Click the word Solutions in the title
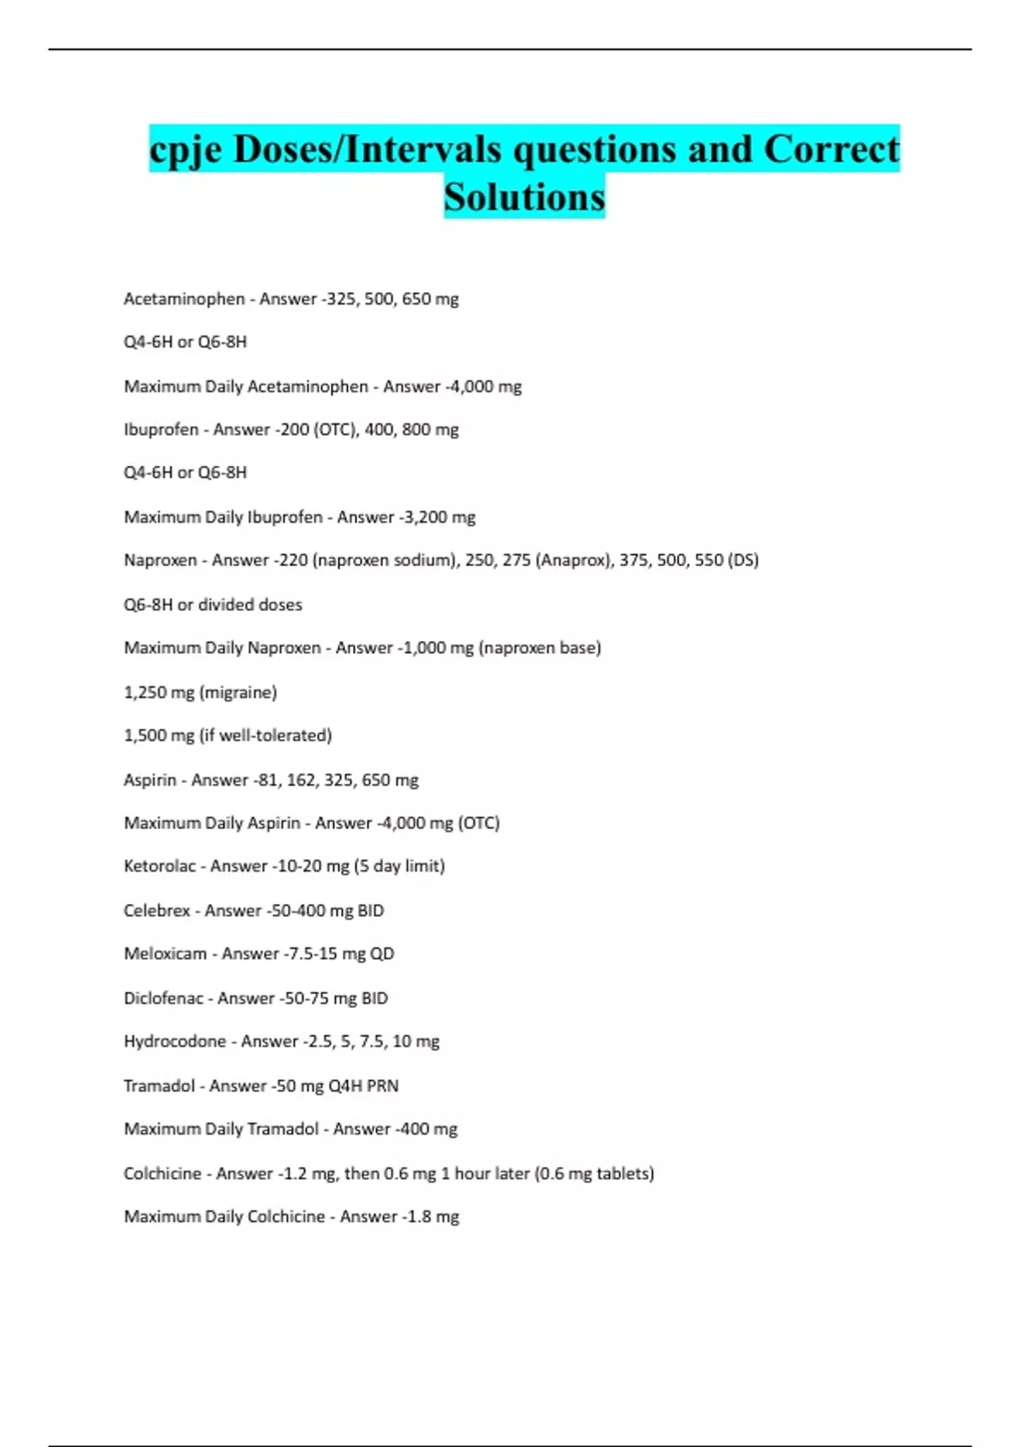[524, 197]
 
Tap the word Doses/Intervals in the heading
[368, 149]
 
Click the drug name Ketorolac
[160, 866]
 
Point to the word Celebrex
[157, 911]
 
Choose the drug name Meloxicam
[165, 954]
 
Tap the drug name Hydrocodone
[174, 1042]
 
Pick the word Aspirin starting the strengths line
[150, 781]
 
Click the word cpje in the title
[185, 151]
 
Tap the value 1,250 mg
[159, 693]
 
